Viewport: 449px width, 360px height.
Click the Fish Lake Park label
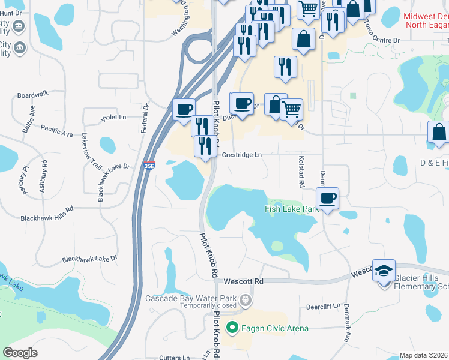click(x=291, y=209)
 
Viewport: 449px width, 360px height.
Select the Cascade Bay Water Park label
click(x=192, y=299)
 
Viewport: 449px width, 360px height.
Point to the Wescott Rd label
click(x=243, y=281)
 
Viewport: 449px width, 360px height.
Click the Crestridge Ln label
click(x=242, y=155)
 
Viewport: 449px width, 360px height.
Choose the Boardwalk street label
click(x=32, y=95)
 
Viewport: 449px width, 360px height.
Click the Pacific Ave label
click(x=56, y=128)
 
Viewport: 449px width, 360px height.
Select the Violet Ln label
click(x=114, y=118)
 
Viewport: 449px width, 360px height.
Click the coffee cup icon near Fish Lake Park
click(x=327, y=198)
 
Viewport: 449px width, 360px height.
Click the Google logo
click(x=20, y=353)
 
